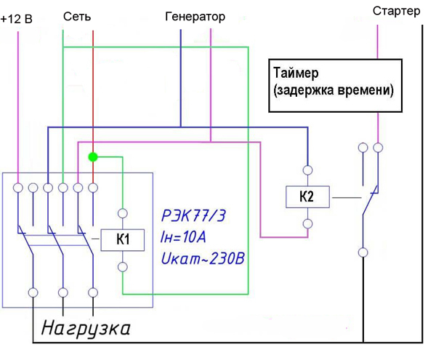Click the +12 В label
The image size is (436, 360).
(17, 19)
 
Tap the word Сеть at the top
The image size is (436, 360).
(77, 16)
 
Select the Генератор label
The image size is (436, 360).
(195, 16)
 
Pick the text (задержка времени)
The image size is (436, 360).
(334, 92)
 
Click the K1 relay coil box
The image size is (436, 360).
(123, 239)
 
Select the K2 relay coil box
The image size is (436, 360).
(307, 197)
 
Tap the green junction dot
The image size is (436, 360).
(92, 156)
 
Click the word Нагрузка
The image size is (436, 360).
(86, 329)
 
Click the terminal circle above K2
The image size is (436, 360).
(307, 170)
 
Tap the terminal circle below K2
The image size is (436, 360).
(307, 224)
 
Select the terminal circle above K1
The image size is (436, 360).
(123, 214)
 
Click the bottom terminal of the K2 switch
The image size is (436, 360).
(362, 253)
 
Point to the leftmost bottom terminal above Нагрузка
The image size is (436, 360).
(33, 292)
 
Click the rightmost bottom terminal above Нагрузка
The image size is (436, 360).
(93, 292)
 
